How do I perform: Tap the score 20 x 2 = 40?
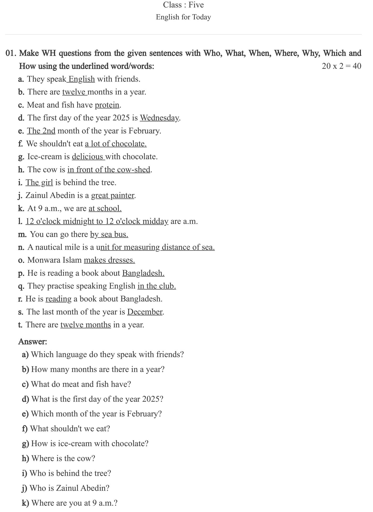coord(341,66)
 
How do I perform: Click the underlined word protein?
coord(107,105)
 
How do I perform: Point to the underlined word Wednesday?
coord(159,118)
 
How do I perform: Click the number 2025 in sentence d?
coord(121,118)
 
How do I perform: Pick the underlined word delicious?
coord(87,157)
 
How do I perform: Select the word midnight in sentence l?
coord(78,221)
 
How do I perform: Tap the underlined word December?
coord(145,312)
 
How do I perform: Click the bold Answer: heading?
coord(33,342)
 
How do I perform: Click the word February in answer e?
coord(144,414)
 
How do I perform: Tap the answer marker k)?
coord(25,503)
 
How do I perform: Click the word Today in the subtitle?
coord(202,17)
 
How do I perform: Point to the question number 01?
coord(11,53)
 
